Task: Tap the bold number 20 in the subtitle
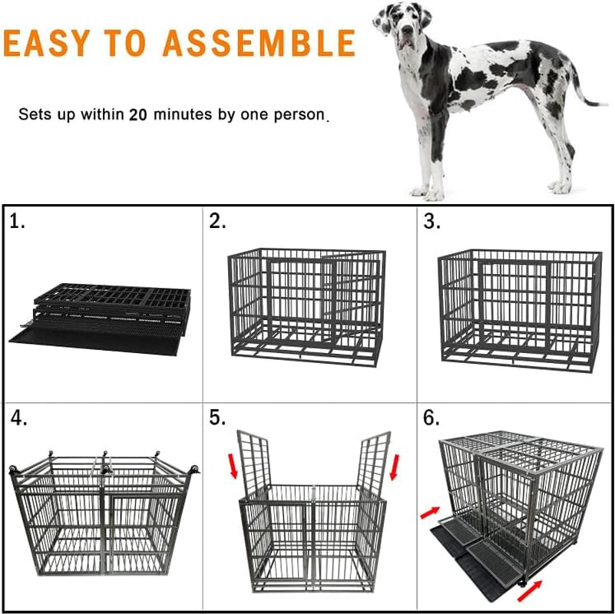click(x=138, y=115)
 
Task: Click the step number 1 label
click(x=18, y=222)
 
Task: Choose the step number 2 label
click(x=218, y=222)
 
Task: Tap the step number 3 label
click(x=432, y=222)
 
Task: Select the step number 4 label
click(x=19, y=418)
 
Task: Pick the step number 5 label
click(x=218, y=418)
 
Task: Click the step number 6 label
click(x=432, y=418)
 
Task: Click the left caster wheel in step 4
click(x=13, y=470)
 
